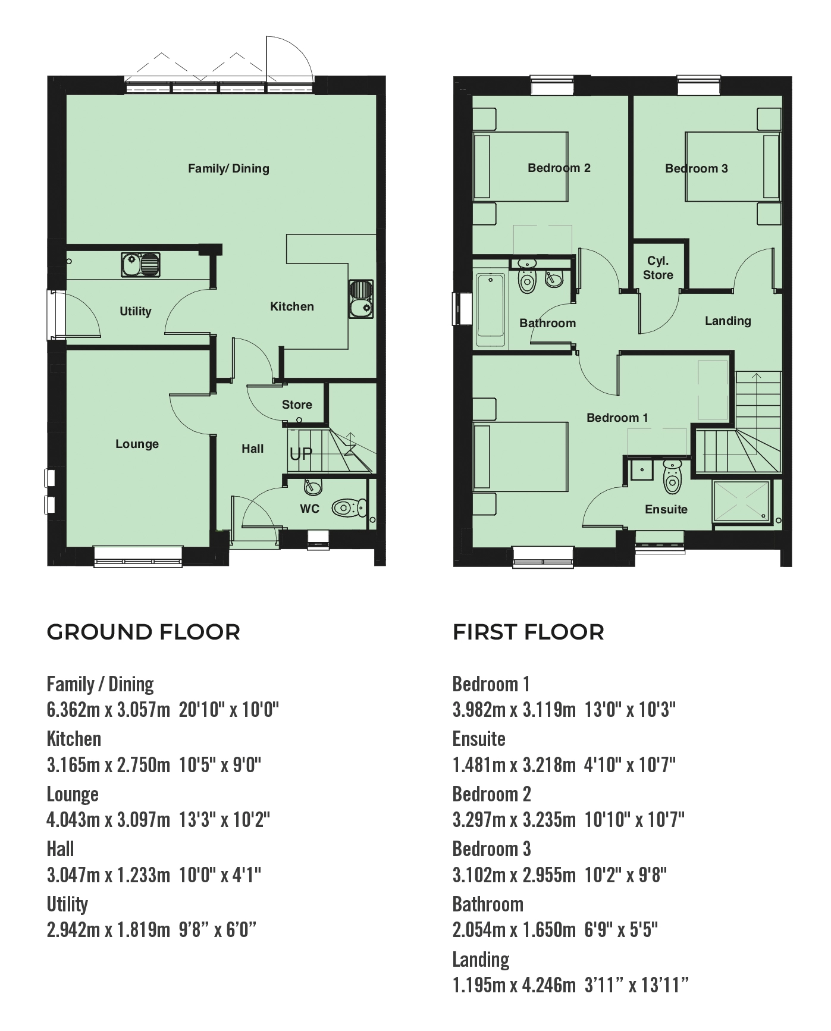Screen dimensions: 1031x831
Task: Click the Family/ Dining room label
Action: point(228,168)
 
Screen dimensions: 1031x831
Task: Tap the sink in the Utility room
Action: point(141,265)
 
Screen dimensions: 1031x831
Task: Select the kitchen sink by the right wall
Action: point(360,299)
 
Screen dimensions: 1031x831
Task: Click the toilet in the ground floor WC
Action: point(349,508)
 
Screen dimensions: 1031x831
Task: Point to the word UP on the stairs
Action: point(300,455)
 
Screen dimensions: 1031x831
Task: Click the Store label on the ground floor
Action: point(297,405)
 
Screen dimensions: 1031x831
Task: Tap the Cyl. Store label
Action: point(658,268)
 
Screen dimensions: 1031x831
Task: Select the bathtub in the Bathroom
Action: point(490,310)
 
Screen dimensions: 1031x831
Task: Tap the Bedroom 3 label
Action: point(696,168)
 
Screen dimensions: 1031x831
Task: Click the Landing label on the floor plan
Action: point(727,321)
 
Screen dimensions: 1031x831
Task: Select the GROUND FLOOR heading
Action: point(143,632)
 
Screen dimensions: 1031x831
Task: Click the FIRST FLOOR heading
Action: point(528,632)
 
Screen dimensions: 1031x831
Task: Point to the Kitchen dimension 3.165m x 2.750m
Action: point(108,764)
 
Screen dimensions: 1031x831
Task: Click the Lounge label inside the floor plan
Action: point(137,444)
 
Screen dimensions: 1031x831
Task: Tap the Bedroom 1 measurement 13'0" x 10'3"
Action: point(631,710)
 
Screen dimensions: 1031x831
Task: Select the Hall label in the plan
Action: point(252,449)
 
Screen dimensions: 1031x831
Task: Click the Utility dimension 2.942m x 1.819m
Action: point(108,930)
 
